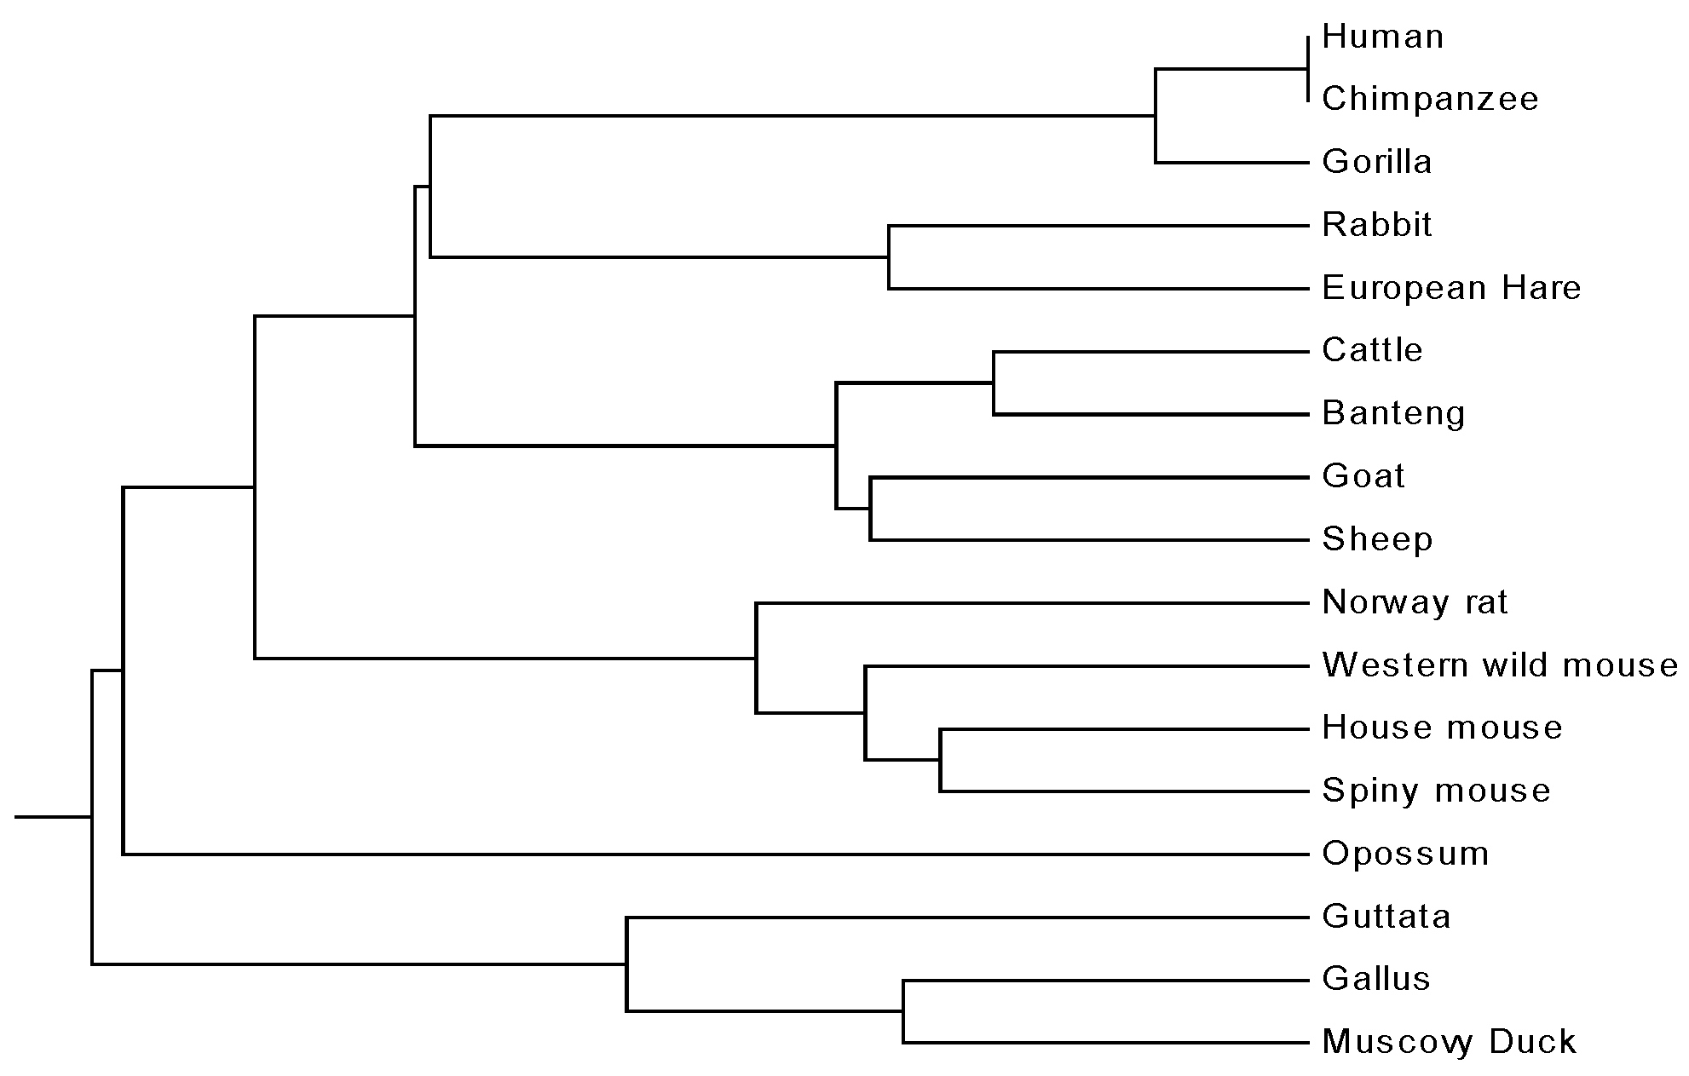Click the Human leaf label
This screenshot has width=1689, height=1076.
click(x=1382, y=37)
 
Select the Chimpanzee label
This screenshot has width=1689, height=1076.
click(x=1430, y=99)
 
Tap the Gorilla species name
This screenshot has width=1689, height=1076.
click(x=1376, y=162)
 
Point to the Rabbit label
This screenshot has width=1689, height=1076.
click(x=1377, y=225)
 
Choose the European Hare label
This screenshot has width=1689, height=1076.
click(x=1451, y=288)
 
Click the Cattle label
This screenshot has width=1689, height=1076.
click(x=1372, y=350)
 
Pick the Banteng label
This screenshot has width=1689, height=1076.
click(x=1393, y=413)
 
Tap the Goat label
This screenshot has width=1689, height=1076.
click(x=1363, y=475)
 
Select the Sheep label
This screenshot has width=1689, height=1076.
click(x=1377, y=539)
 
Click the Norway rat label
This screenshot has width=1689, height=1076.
click(x=1415, y=602)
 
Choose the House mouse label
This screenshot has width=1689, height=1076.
click(x=1442, y=728)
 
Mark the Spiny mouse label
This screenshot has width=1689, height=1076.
click(x=1436, y=791)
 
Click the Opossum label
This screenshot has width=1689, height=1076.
click(x=1405, y=854)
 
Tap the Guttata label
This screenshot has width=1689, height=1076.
click(x=1386, y=917)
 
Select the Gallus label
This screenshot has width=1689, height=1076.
click(x=1375, y=979)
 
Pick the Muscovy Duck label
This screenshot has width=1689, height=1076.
click(x=1449, y=1042)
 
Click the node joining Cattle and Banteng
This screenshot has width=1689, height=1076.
click(x=994, y=383)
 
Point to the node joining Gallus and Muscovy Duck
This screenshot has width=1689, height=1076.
click(x=904, y=1011)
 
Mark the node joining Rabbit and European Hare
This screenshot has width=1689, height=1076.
click(x=889, y=256)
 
